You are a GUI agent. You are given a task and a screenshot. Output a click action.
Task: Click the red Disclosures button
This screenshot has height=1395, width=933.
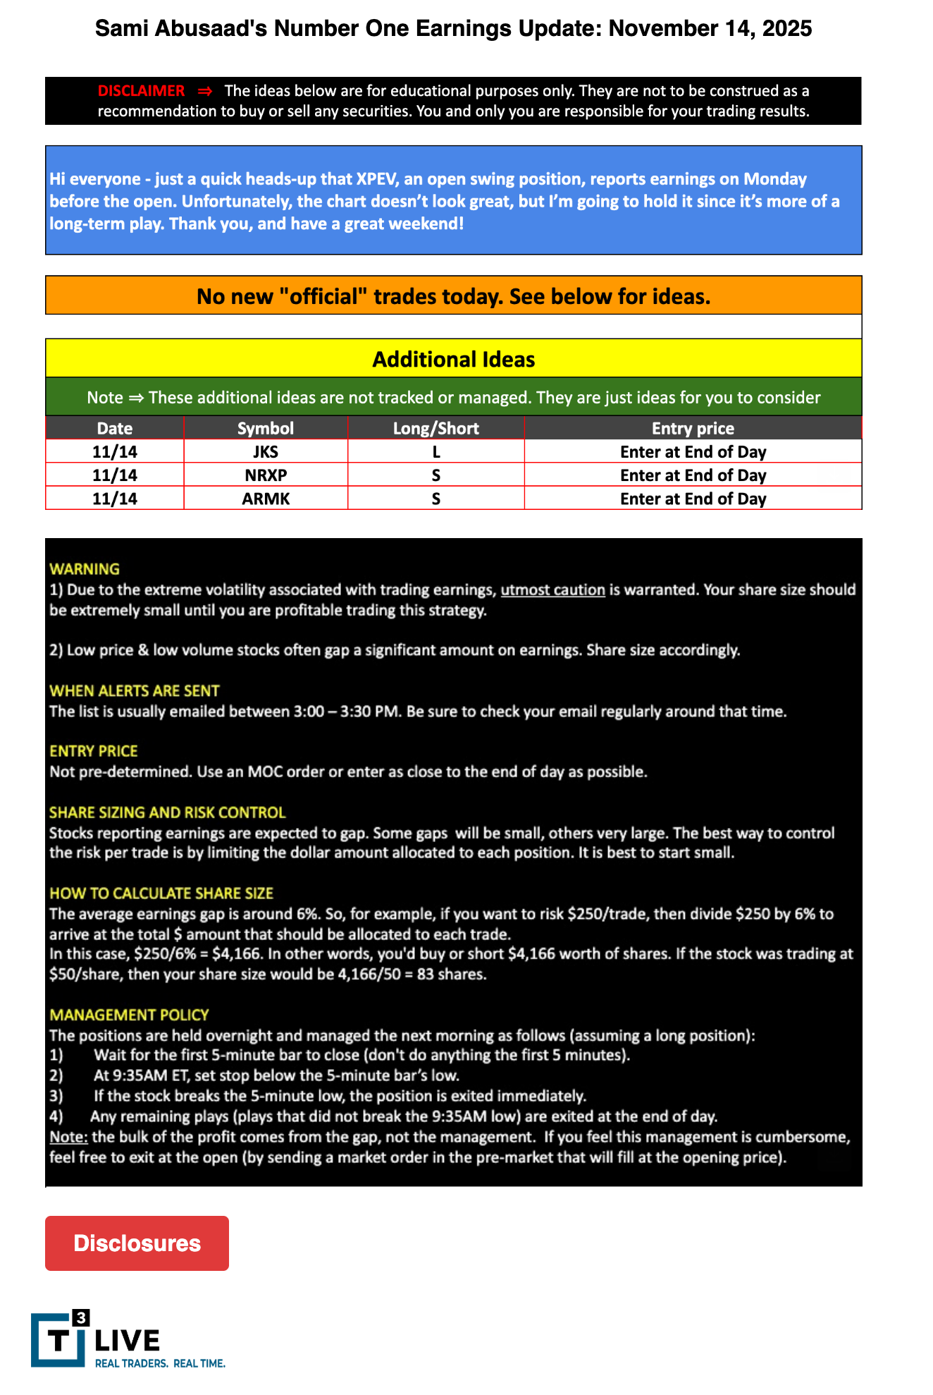[137, 1243]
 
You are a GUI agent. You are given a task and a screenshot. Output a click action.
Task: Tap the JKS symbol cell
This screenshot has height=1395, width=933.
[266, 451]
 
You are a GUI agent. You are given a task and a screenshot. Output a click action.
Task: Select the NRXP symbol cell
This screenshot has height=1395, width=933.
[266, 475]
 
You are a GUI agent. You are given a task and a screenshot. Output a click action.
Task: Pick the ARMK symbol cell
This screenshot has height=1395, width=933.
[266, 499]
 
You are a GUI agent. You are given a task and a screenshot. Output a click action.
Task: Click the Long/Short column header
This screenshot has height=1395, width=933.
[435, 428]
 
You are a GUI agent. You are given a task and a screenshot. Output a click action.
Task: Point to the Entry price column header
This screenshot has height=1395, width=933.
[693, 428]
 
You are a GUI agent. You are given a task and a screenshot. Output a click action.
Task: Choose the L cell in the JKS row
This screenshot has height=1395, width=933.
[435, 451]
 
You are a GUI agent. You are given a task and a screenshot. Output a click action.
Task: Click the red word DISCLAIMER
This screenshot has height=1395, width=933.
[141, 91]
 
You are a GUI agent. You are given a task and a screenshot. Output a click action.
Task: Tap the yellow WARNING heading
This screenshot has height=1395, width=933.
[85, 568]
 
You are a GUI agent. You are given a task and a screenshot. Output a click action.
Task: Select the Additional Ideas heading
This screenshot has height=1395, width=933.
[453, 360]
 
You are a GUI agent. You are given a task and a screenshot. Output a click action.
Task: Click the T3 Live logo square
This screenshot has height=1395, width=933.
[59, 1339]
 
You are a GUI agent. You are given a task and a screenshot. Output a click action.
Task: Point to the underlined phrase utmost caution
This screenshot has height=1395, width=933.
[552, 590]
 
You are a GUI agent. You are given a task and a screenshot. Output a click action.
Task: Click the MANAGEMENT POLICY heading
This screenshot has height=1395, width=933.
[129, 1015]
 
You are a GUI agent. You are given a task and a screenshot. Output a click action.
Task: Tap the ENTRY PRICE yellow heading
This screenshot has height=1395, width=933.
[94, 751]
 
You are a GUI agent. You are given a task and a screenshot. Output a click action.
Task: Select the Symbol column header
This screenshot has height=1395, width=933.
[266, 428]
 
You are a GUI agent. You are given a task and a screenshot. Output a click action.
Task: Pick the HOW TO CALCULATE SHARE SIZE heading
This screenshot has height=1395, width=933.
[161, 894]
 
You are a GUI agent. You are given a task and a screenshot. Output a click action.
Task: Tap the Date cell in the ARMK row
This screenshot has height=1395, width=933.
[115, 499]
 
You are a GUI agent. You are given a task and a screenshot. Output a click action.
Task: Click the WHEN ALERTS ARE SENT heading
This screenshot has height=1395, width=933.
[135, 690]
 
